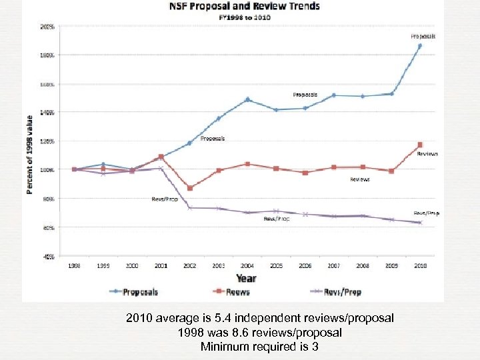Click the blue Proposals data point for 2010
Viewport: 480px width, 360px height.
(x=419, y=46)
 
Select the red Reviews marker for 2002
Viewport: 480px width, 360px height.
(x=190, y=188)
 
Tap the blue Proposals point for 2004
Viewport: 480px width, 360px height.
(x=247, y=100)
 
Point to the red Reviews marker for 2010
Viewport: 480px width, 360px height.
(x=419, y=145)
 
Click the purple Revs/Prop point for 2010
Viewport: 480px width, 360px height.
(x=419, y=222)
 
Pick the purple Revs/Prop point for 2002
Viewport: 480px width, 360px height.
(x=190, y=208)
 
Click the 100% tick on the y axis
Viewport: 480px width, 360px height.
(x=48, y=170)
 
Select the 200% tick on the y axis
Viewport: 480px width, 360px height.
(x=48, y=27)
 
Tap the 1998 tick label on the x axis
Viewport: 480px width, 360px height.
(x=74, y=265)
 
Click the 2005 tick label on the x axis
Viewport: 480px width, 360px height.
(x=276, y=265)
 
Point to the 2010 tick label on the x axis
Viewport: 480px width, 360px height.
(x=419, y=265)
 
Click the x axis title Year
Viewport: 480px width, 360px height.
(x=247, y=278)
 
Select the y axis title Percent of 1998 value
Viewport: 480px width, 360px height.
(x=30, y=155)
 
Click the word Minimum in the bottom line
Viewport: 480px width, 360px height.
(x=223, y=346)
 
